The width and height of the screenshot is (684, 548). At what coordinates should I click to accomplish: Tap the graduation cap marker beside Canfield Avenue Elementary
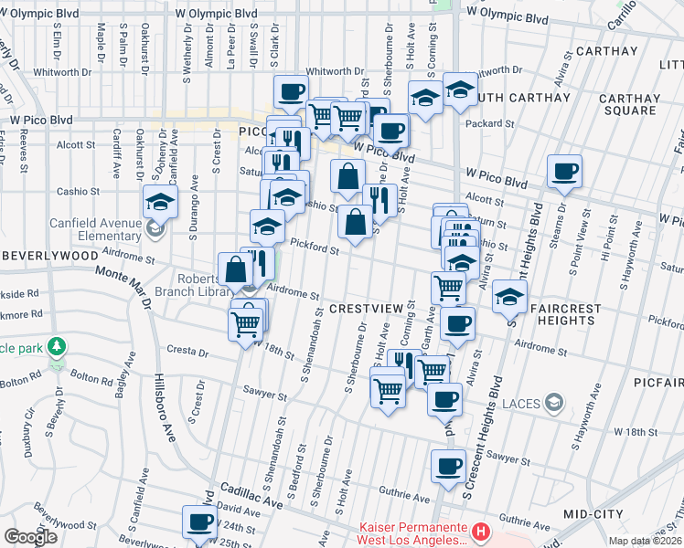click(159, 200)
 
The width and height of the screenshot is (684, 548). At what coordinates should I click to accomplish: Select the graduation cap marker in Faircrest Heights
click(508, 295)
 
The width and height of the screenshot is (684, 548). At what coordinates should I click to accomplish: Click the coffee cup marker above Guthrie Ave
click(448, 466)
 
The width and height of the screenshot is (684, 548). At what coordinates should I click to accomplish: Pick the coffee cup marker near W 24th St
click(199, 522)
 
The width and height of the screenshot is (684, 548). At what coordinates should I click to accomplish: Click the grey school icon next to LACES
click(553, 402)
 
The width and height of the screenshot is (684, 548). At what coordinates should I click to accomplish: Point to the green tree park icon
click(58, 347)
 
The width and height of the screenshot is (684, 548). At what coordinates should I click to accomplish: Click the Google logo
click(30, 536)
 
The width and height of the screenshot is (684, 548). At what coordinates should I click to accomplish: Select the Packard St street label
click(489, 123)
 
